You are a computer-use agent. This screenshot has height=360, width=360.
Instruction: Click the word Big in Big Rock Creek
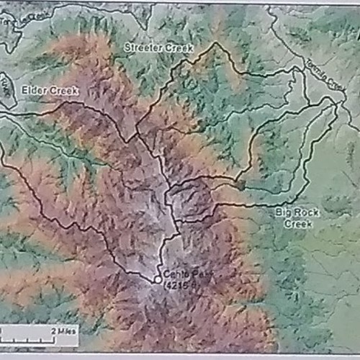click(x=282, y=213)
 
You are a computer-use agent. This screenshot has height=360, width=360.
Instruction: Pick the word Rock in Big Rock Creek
click(x=302, y=213)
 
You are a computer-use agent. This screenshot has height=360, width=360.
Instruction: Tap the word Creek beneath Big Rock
click(x=296, y=224)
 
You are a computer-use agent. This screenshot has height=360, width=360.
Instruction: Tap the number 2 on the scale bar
click(x=53, y=330)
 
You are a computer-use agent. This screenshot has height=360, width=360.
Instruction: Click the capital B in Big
click(x=277, y=213)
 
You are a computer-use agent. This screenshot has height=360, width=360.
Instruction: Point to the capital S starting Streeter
click(x=126, y=47)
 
